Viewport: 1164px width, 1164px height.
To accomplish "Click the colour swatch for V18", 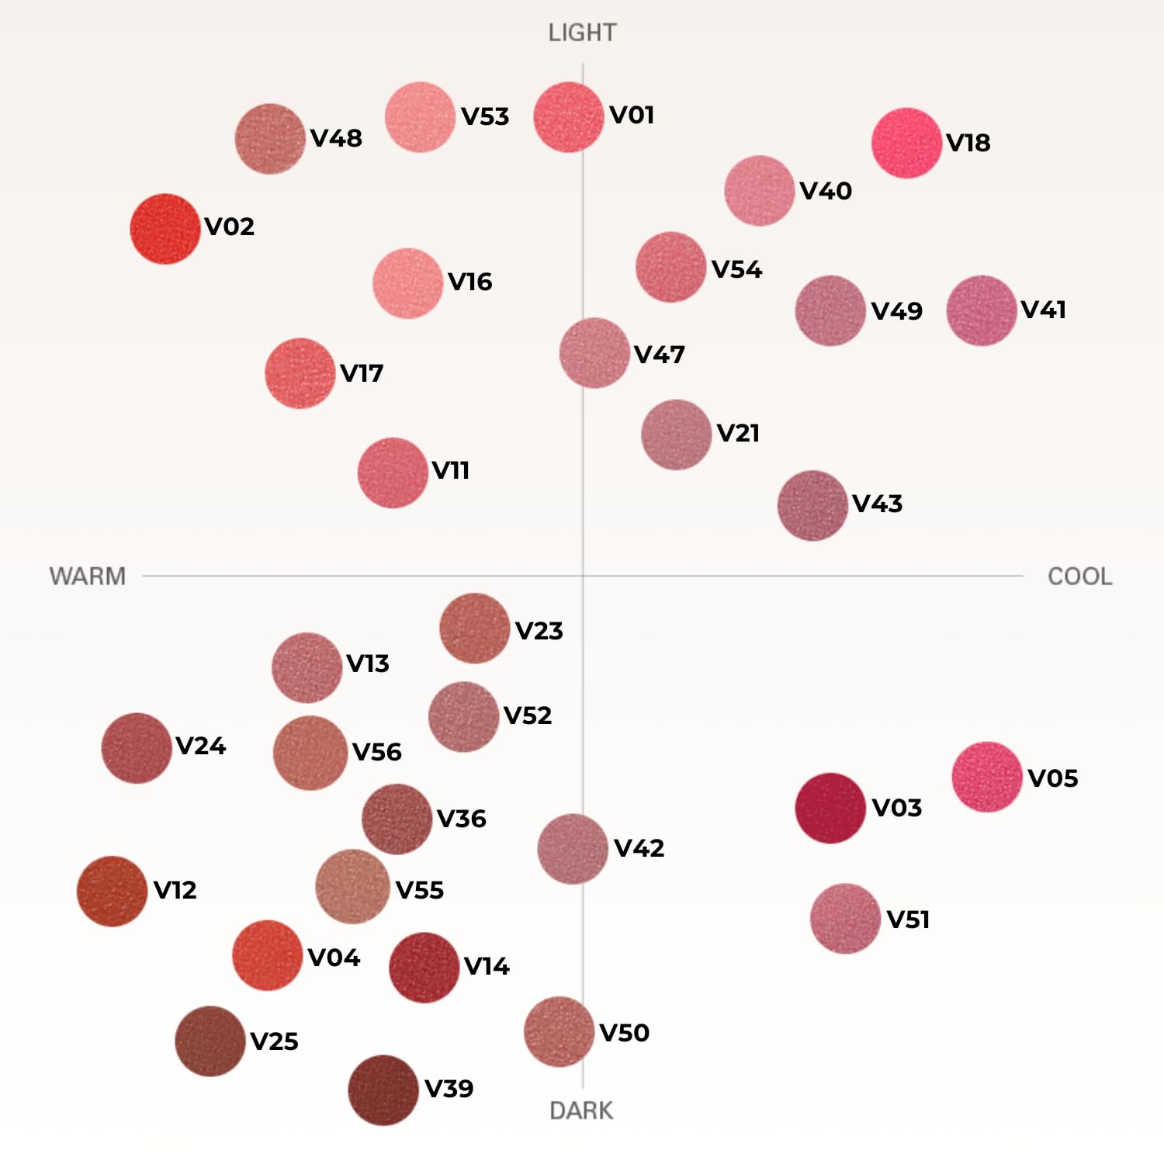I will coord(906,143).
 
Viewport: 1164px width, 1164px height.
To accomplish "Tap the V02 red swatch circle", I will coord(165,229).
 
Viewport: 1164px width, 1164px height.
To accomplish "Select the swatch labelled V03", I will coord(830,808).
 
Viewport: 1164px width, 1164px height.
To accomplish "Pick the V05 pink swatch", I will coord(987,777).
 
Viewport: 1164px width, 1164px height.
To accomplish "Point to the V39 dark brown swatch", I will coord(383,1090).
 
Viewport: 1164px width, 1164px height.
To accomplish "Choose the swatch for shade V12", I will coord(112,891).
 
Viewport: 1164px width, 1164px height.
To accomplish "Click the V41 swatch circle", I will coord(982,310).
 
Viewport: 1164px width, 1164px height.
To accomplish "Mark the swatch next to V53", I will coord(420,117).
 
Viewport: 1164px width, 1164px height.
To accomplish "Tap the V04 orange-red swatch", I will coord(268,955).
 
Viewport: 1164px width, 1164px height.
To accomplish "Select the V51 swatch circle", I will coord(846,919).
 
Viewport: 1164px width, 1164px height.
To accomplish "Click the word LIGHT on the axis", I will coord(582,33).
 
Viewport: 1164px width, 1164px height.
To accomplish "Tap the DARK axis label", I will coord(581,1110).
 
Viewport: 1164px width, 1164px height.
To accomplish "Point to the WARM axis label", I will coord(88,576).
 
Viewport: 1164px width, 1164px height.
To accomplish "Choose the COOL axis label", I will coord(1079,576).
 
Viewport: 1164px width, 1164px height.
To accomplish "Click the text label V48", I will coord(336,138).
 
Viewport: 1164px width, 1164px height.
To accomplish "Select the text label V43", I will coord(878,504).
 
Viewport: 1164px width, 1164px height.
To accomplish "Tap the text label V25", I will coord(274,1041).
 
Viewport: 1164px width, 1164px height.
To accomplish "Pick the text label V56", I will coord(377,752).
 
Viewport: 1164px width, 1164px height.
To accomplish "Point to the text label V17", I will coord(362,373).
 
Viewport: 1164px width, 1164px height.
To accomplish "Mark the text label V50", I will coord(625,1033).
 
